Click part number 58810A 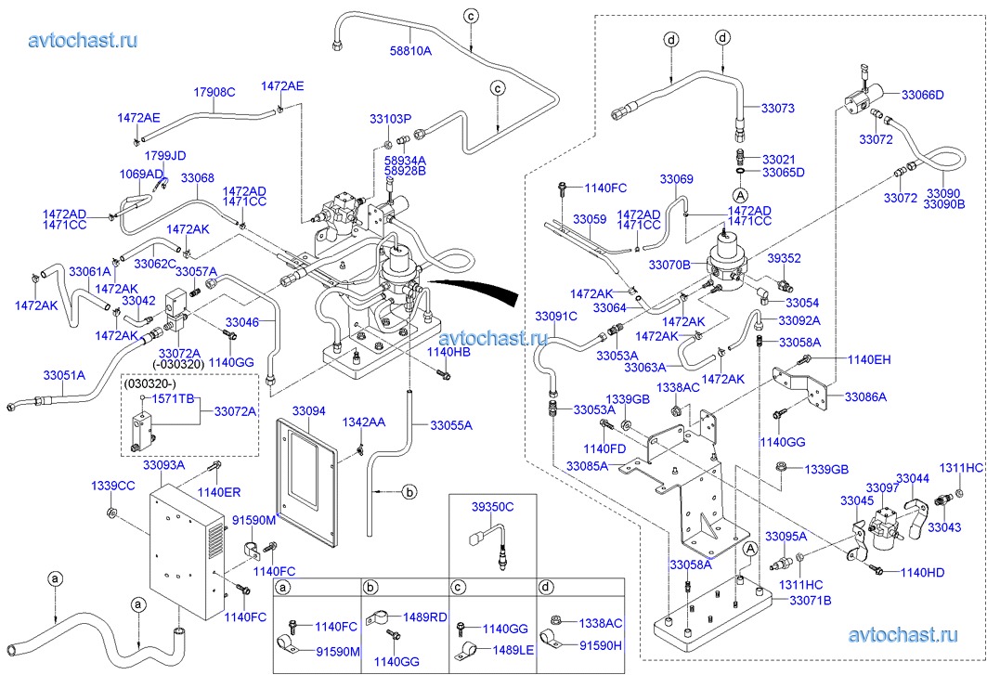point(410,51)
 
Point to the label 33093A point(163,464)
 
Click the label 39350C point(492,506)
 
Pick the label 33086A point(865,396)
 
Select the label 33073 point(777,109)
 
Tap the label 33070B point(670,266)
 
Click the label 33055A point(451,425)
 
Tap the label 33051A point(64,375)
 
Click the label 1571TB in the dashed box point(173,398)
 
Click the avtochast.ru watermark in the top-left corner point(83,40)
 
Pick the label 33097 point(881,487)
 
